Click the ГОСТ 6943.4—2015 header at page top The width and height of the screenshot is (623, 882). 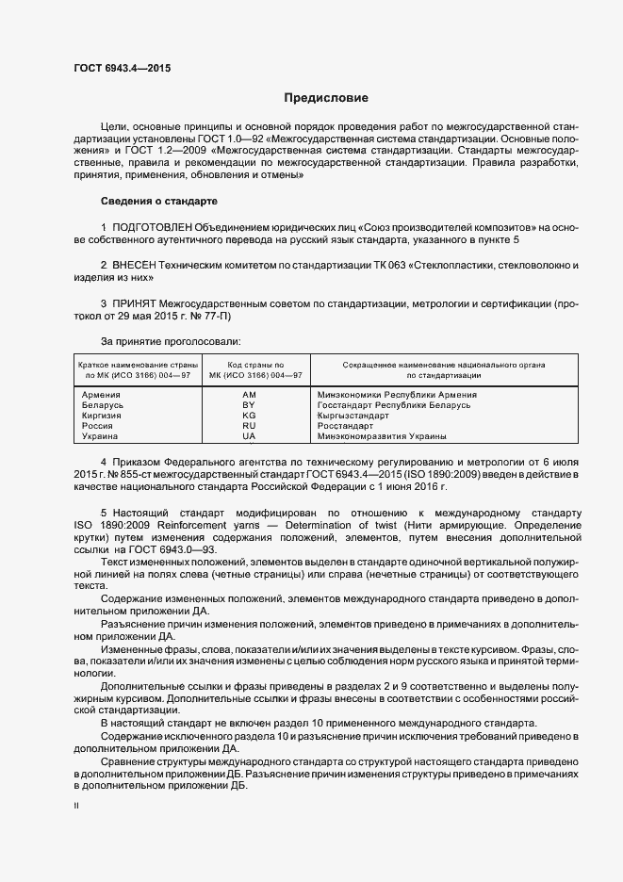(122, 69)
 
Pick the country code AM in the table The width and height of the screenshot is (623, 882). (249, 395)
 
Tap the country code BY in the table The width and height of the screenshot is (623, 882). (249, 405)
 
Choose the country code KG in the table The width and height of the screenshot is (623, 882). (249, 416)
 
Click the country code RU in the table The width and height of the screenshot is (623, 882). (249, 426)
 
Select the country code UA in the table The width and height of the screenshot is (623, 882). (249, 436)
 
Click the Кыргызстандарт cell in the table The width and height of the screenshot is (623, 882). (353, 416)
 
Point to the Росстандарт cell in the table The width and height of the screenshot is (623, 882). (346, 426)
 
